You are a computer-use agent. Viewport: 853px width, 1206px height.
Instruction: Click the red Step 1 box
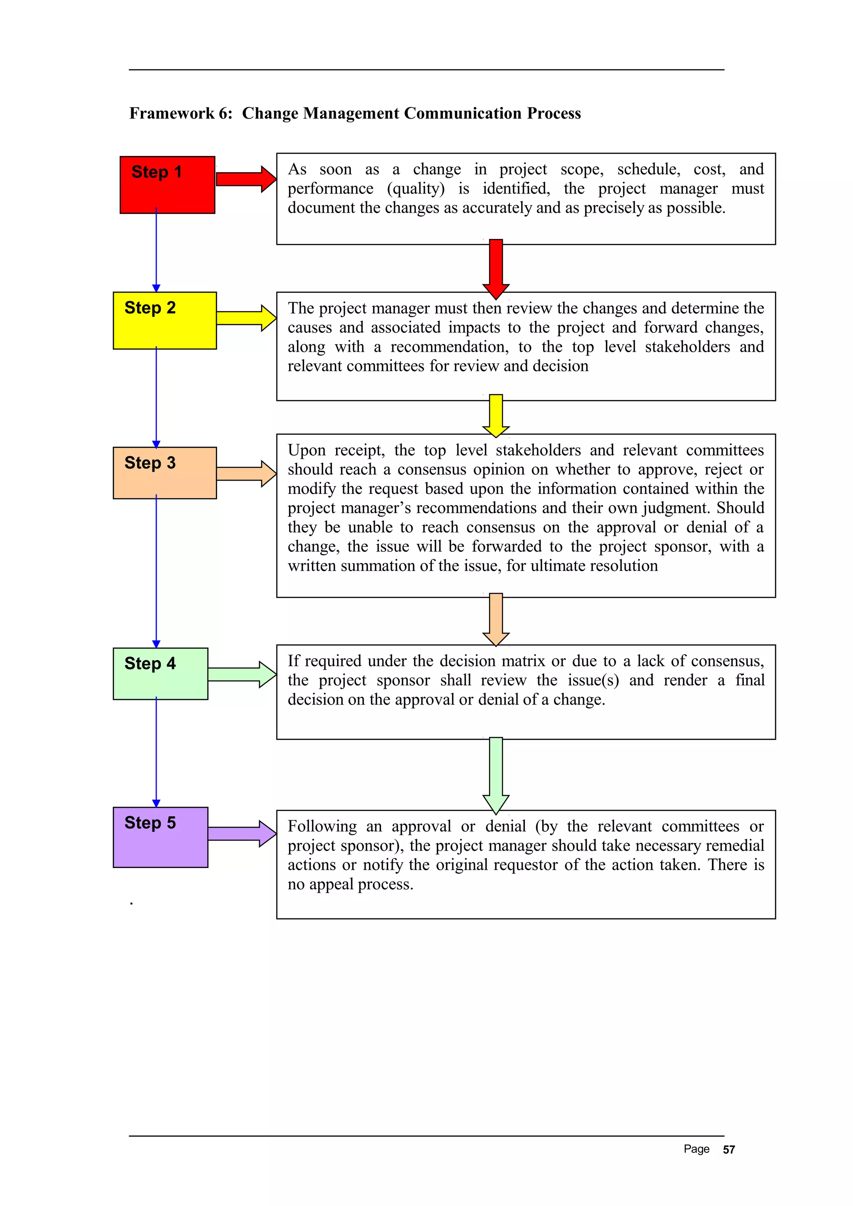(167, 185)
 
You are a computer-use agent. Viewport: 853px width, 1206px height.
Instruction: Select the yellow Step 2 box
(165, 320)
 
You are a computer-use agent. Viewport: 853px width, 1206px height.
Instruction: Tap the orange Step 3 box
(165, 473)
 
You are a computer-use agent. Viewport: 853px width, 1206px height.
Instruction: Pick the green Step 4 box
(160, 673)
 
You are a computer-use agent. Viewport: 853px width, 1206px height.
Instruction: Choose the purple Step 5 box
(160, 837)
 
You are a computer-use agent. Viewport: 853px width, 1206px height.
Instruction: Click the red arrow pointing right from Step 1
(245, 179)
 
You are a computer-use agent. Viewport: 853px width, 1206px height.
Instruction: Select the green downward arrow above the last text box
(496, 774)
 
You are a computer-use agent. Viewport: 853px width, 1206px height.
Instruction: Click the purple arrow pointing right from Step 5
(241, 834)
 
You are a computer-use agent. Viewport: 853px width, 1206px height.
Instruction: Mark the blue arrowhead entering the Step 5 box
(156, 803)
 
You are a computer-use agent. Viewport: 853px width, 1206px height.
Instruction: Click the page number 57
(728, 1149)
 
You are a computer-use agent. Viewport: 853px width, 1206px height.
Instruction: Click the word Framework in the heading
(172, 114)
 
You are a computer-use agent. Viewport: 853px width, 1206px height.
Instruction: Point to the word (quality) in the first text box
(416, 189)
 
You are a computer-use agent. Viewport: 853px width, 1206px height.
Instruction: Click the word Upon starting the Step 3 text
(307, 450)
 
